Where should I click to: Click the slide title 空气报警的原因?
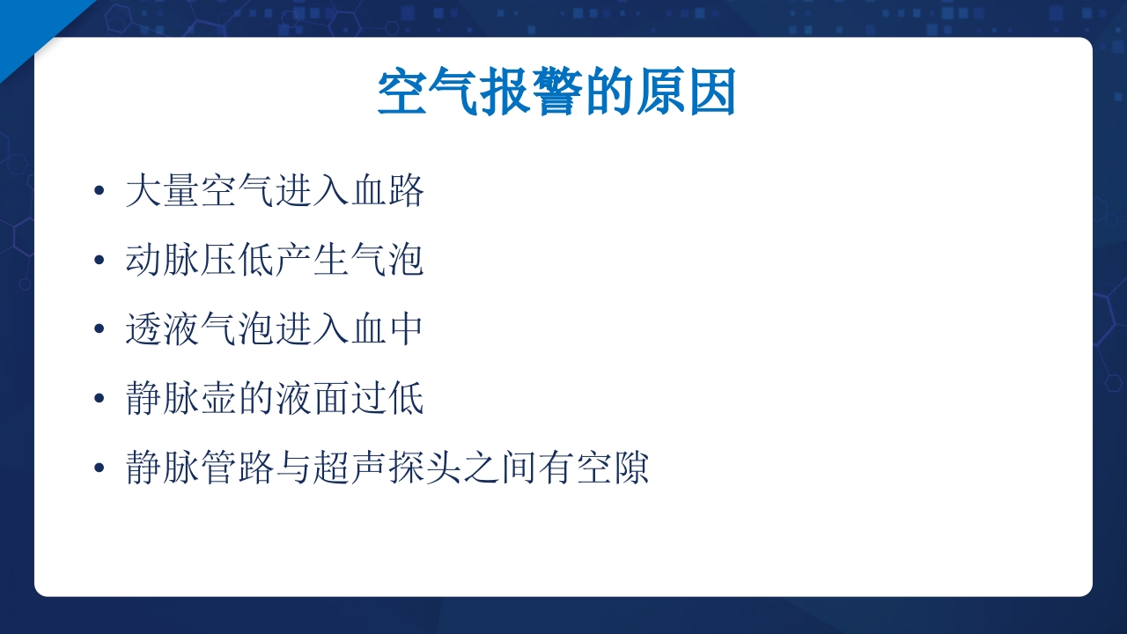coord(556,93)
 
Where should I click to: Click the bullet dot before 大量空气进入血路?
coord(99,191)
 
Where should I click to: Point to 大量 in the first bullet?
coord(162,191)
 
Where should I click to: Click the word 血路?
coord(387,191)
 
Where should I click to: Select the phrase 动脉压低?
coord(200,261)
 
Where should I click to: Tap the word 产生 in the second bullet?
coord(313,261)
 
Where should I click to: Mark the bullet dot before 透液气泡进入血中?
coord(99,329)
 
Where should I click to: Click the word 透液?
coord(162,329)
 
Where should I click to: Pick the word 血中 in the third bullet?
coord(387,329)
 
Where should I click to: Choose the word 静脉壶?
coord(180,398)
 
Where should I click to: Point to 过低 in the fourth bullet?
coord(387,398)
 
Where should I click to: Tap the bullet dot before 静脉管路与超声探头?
coord(99,468)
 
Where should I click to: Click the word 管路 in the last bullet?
coord(238,468)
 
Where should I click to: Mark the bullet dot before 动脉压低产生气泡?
coord(99,261)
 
